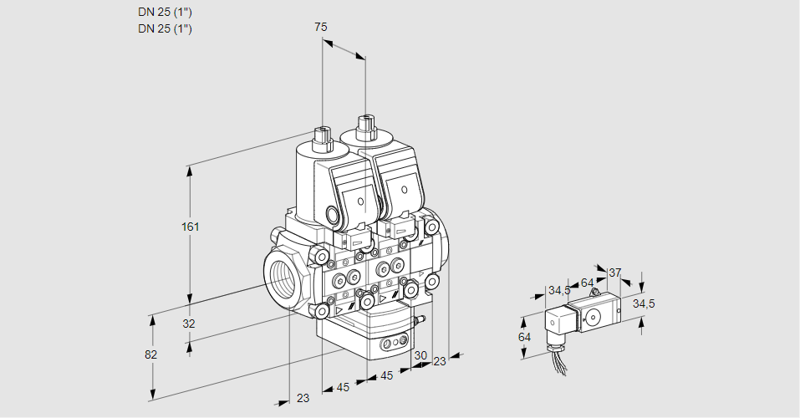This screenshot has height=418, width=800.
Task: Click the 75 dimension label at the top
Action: [321, 27]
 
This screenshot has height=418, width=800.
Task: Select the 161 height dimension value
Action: [191, 227]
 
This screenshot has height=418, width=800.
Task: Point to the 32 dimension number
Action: [189, 324]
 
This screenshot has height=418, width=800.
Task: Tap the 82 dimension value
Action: [150, 354]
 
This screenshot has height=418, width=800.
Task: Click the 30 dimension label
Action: [420, 354]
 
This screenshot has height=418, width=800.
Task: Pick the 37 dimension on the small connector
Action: [615, 273]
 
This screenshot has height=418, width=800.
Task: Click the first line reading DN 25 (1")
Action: [165, 12]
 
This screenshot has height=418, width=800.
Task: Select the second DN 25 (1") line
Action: [165, 28]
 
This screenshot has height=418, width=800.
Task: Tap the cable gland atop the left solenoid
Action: [321, 137]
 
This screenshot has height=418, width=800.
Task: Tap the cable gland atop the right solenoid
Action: [365, 129]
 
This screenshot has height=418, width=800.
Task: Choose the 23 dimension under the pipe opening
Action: [303, 398]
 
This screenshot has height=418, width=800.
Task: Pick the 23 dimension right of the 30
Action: [440, 361]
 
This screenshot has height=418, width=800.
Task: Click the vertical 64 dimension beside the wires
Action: [525, 337]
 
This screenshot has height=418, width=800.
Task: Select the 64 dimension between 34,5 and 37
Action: [587, 283]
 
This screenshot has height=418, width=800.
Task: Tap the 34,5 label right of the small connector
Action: [643, 303]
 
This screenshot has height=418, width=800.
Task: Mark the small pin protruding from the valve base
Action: [421, 319]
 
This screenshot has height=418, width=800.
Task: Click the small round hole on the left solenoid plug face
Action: [359, 202]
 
